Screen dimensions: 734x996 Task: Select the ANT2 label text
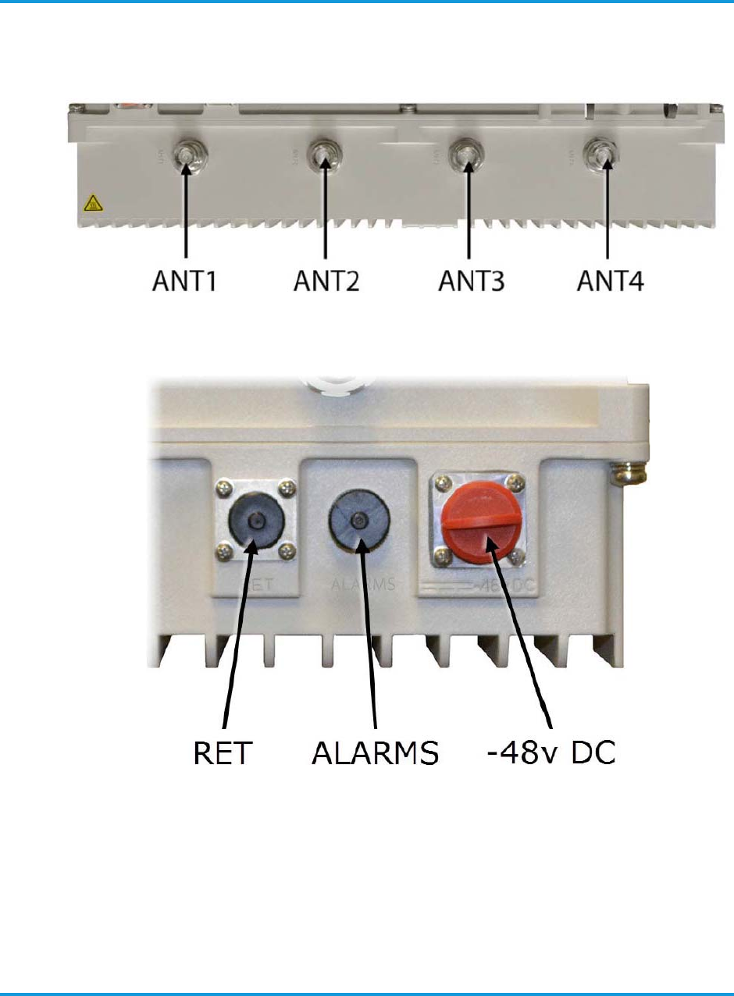[327, 279]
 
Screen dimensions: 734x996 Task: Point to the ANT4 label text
[610, 279]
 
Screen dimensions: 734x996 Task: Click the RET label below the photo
[224, 753]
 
